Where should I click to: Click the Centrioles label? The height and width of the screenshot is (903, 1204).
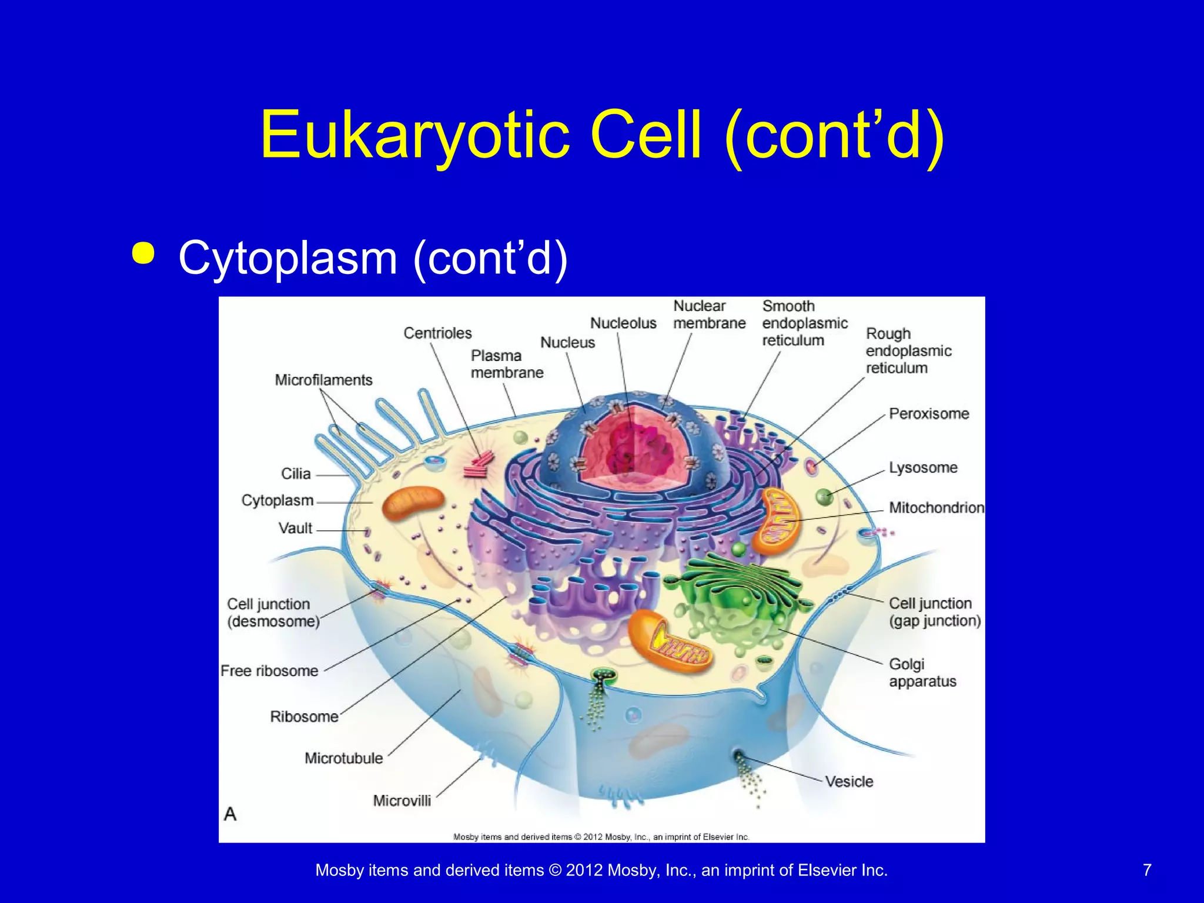point(437,333)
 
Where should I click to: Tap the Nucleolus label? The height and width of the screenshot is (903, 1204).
point(623,323)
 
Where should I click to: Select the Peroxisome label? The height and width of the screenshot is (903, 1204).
point(929,414)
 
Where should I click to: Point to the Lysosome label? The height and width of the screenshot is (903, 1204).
point(923,468)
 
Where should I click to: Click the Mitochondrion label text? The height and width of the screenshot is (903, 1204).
point(936,508)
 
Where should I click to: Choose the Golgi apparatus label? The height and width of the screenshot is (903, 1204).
point(922,673)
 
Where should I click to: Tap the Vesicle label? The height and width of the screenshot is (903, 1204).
point(849,782)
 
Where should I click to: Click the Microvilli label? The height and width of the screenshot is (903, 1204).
point(402,801)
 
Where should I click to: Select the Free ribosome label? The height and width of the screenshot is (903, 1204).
point(269,671)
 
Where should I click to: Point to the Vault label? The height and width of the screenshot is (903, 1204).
point(295,528)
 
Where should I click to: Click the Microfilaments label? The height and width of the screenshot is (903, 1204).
point(323,380)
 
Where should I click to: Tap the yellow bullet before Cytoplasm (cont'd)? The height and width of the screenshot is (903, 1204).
point(143,253)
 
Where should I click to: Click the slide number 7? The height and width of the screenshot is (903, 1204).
point(1147,870)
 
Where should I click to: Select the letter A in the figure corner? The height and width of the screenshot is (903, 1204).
point(230,814)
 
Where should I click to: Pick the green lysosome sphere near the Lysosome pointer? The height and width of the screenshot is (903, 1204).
point(824,497)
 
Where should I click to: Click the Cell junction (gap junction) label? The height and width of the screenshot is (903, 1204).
point(934,612)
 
